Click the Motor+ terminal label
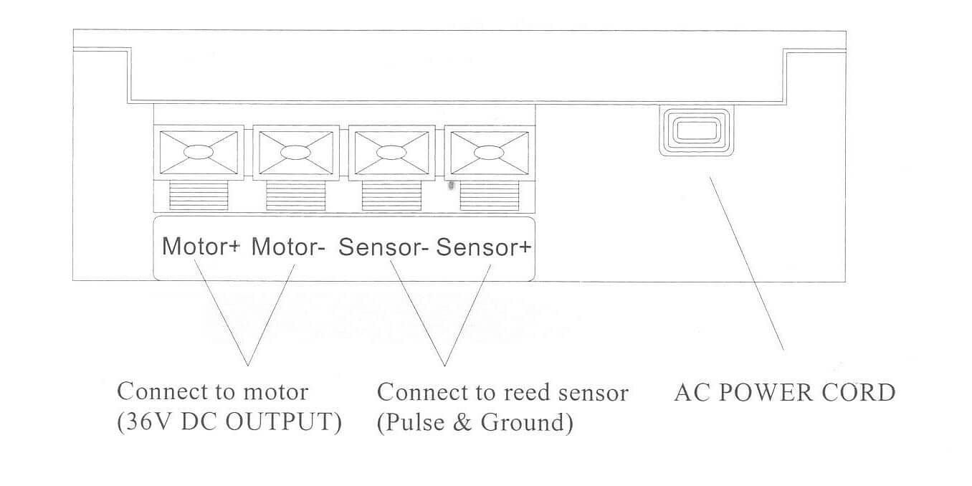click(x=202, y=247)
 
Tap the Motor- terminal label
click(x=289, y=247)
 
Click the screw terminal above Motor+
click(x=199, y=152)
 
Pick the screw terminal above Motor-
click(x=295, y=152)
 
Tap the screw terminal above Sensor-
click(x=391, y=152)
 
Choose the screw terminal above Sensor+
click(x=487, y=152)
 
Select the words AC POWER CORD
click(x=785, y=393)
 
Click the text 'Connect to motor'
click(x=213, y=392)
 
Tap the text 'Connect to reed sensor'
click(x=502, y=392)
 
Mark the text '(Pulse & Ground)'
click(x=475, y=422)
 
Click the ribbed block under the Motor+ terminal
click(x=199, y=195)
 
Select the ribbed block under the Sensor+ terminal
click(x=487, y=195)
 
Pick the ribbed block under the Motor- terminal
click(x=295, y=195)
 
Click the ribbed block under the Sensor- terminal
click(x=391, y=195)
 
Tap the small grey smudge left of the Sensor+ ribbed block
click(x=450, y=185)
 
